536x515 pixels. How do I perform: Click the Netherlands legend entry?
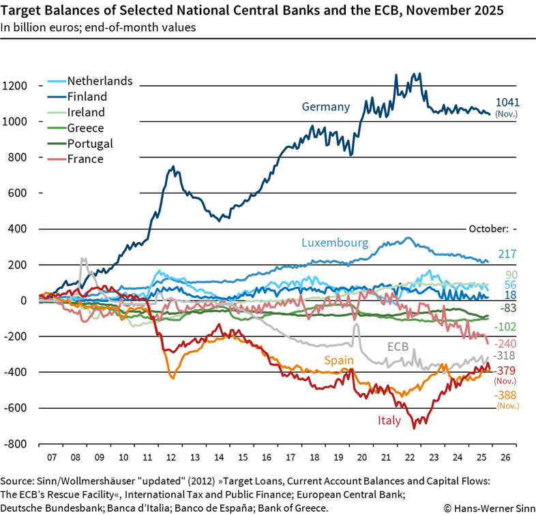click(99, 81)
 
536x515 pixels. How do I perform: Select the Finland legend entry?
click(87, 97)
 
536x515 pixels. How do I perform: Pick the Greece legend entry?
click(85, 128)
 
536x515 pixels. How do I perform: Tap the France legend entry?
click(85, 159)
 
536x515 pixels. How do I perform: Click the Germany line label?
click(326, 107)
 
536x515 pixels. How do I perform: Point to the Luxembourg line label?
click(335, 243)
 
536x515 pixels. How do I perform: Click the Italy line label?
click(389, 421)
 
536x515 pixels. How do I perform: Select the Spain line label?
click(338, 360)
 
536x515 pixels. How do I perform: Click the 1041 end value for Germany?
click(507, 102)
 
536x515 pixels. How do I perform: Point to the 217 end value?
click(507, 253)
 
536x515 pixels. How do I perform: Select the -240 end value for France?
click(505, 344)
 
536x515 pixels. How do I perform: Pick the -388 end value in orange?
click(505, 396)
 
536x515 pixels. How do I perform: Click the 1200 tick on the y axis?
click(14, 86)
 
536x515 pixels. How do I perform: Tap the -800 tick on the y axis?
click(14, 443)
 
